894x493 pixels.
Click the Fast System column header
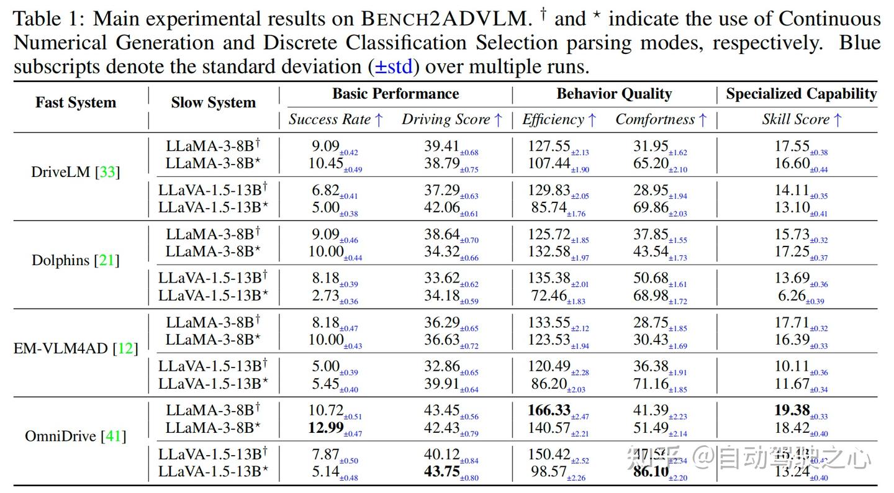tap(75, 102)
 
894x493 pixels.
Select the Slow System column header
tap(213, 102)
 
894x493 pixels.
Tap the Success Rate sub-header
tap(336, 120)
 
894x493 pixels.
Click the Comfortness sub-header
tap(661, 120)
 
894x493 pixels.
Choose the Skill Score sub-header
tap(801, 120)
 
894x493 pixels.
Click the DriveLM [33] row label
tap(75, 172)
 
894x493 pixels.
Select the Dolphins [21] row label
tap(75, 260)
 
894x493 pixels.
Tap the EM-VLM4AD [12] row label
tap(75, 348)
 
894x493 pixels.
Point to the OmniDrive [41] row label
tap(75, 436)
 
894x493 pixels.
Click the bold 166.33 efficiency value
tap(549, 410)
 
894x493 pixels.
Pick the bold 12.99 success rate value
tap(326, 428)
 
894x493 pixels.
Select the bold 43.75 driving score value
tap(442, 472)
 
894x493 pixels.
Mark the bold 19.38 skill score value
tap(792, 410)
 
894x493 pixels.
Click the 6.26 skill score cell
tap(792, 296)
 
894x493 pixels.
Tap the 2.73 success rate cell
tap(326, 296)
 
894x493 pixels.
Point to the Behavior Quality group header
tap(614, 94)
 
